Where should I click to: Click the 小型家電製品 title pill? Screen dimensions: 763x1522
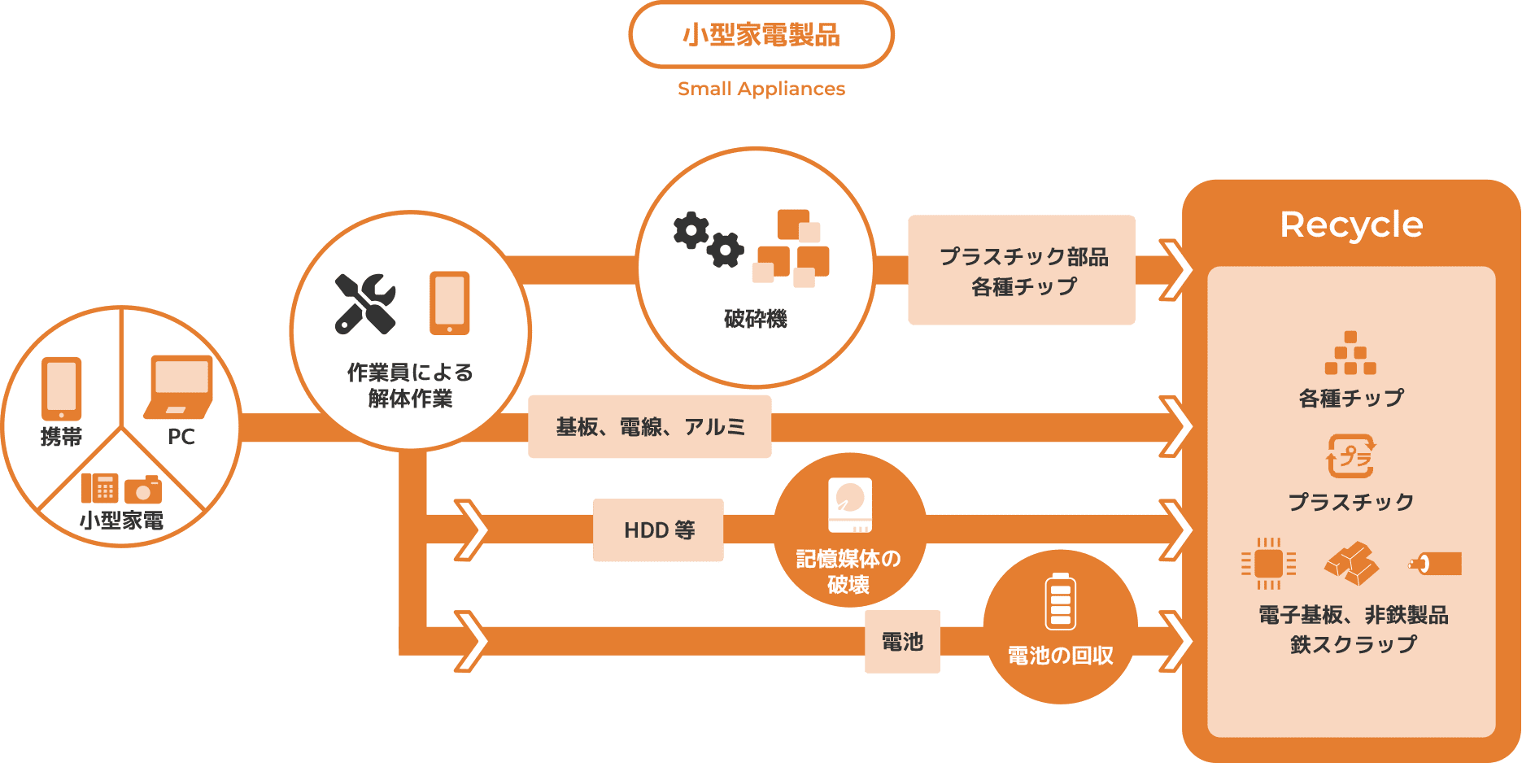pos(761,35)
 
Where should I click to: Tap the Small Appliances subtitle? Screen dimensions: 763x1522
pos(761,89)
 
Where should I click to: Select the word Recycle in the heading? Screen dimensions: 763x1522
pos(1351,225)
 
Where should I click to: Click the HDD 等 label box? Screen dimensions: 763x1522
pos(658,530)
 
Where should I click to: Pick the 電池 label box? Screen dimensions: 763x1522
pos(902,642)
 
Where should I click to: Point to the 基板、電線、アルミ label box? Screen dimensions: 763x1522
pos(649,427)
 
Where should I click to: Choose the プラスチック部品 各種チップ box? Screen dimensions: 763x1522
pos(1021,270)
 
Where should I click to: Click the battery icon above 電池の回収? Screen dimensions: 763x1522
pos(1060,602)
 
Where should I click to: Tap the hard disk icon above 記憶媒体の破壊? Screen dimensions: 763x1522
pos(849,505)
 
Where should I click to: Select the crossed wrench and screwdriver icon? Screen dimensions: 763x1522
pos(365,303)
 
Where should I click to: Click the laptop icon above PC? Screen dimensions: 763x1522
pos(179,386)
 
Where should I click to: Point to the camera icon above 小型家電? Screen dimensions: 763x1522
pos(143,489)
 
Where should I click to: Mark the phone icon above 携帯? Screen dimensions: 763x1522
pos(61,389)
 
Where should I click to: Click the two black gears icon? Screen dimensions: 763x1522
pos(708,239)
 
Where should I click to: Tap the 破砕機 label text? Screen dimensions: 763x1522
pos(755,319)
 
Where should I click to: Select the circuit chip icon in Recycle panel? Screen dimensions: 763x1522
pos(1268,563)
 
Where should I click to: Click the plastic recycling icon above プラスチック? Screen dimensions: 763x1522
pos(1350,456)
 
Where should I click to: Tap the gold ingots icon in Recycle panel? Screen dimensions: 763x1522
pos(1351,563)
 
